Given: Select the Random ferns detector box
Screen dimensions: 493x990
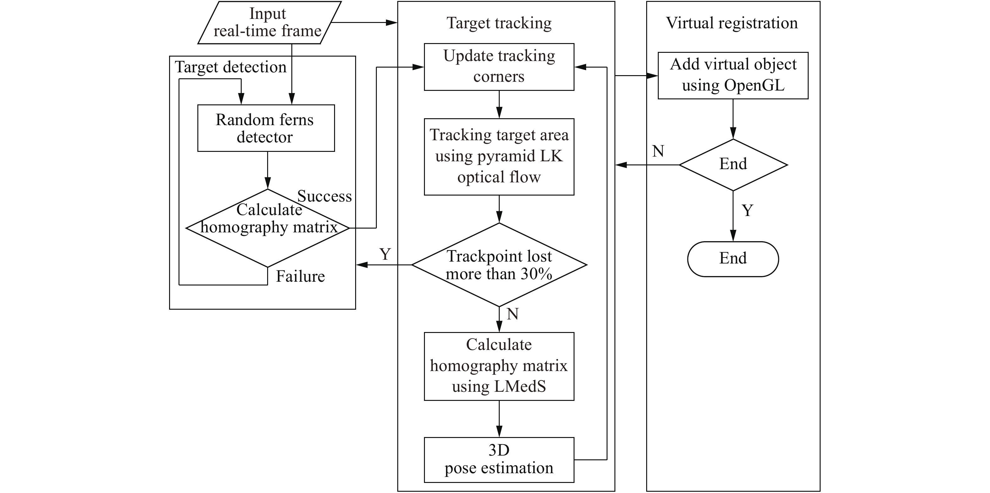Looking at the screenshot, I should [x=266, y=128].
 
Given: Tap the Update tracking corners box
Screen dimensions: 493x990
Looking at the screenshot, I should [x=499, y=67].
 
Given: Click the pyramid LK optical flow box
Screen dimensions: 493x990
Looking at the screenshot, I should [x=499, y=157].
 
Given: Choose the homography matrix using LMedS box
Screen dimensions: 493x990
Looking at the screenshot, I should [x=499, y=366].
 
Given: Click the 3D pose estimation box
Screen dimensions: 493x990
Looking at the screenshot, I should [x=499, y=460].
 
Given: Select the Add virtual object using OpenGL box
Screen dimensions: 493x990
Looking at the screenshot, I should [x=733, y=75].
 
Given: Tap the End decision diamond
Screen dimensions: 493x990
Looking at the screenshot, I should [x=733, y=164].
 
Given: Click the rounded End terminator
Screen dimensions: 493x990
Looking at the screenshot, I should [x=733, y=259].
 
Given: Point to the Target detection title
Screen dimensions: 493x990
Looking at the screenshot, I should [x=231, y=67].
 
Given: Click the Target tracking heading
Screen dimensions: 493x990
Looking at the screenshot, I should [x=499, y=23].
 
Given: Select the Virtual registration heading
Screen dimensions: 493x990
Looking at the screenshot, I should [x=732, y=23].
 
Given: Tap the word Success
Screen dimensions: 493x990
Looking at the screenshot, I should [x=324, y=197].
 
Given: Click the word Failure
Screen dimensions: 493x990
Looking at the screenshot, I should [x=300, y=276].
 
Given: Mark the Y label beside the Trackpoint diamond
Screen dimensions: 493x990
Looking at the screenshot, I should [x=385, y=254].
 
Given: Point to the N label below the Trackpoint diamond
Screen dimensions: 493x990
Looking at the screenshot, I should [x=513, y=314].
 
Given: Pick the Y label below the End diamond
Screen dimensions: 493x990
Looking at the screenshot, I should [x=747, y=210].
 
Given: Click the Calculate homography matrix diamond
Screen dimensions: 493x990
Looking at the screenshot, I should [x=267, y=228].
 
